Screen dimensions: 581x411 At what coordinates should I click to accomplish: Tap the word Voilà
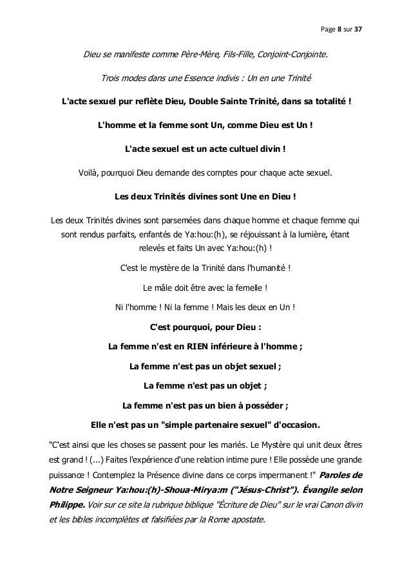(x=90, y=172)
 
